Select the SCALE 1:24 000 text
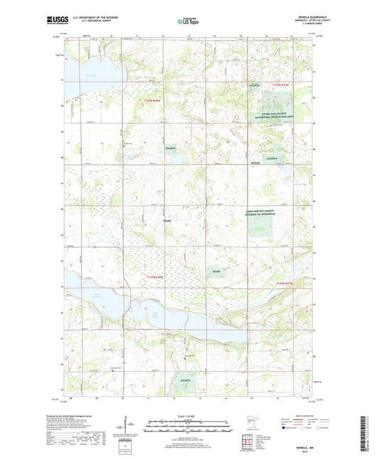point(189,416)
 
